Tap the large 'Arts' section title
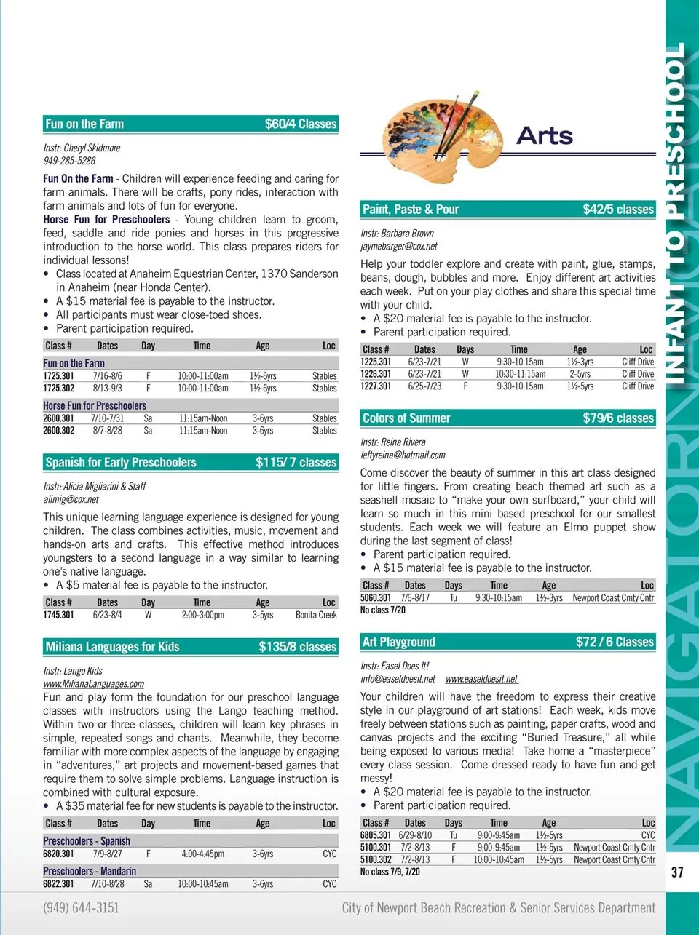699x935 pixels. click(545, 136)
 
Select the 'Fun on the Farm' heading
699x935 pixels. click(84, 124)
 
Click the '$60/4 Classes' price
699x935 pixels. click(300, 124)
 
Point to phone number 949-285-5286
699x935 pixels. click(69, 161)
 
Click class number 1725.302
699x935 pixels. click(58, 389)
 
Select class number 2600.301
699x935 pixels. click(58, 418)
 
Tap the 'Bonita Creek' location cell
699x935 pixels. click(316, 615)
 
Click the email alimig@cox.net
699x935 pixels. click(71, 499)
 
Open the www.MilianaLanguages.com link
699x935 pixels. click(93, 683)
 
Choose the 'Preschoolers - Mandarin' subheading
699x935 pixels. click(90, 871)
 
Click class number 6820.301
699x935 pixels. click(58, 854)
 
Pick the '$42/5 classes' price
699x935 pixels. click(618, 210)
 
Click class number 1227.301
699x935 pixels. click(376, 386)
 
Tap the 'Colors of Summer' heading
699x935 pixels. click(406, 418)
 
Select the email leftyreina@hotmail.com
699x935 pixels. click(403, 455)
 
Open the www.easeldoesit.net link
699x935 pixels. click(481, 679)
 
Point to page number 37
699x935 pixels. click(677, 872)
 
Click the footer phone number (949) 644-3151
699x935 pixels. click(81, 907)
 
